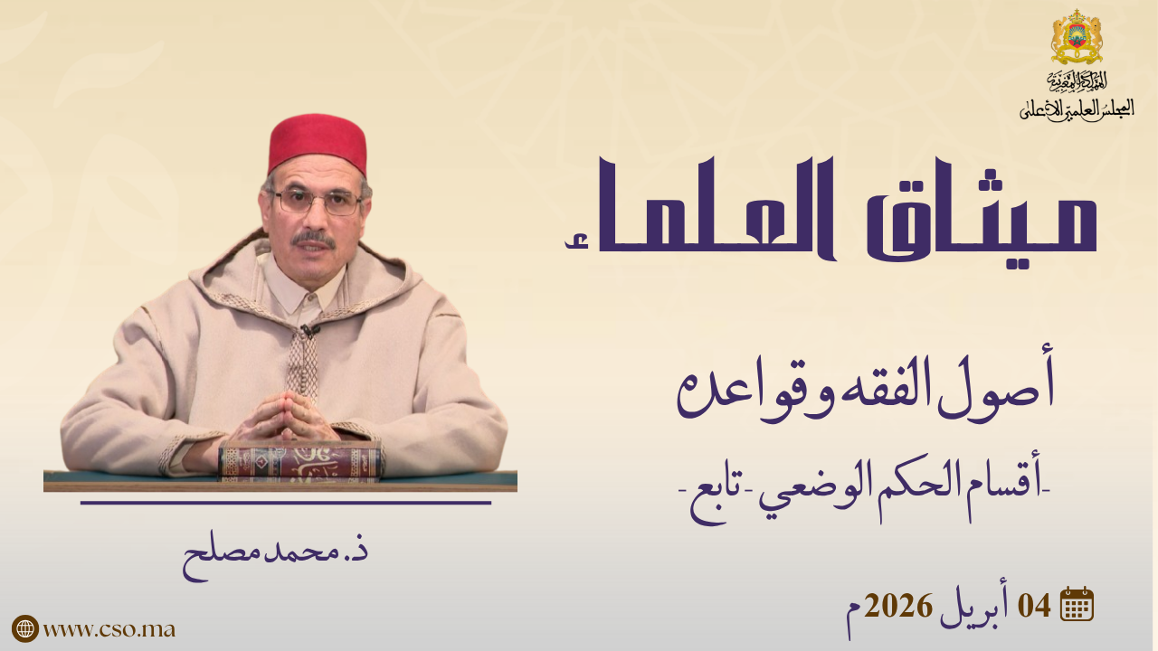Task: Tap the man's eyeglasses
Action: [x=317, y=202]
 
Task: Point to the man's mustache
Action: [x=313, y=240]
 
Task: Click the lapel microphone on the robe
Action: [x=309, y=330]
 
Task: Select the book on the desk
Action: [x=299, y=461]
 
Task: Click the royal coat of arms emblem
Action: [x=1077, y=37]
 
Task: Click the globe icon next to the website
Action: [x=25, y=628]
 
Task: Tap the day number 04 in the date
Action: [x=1034, y=605]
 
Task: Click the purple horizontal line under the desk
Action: [x=286, y=502]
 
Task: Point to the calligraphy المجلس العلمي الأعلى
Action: [x=1077, y=109]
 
